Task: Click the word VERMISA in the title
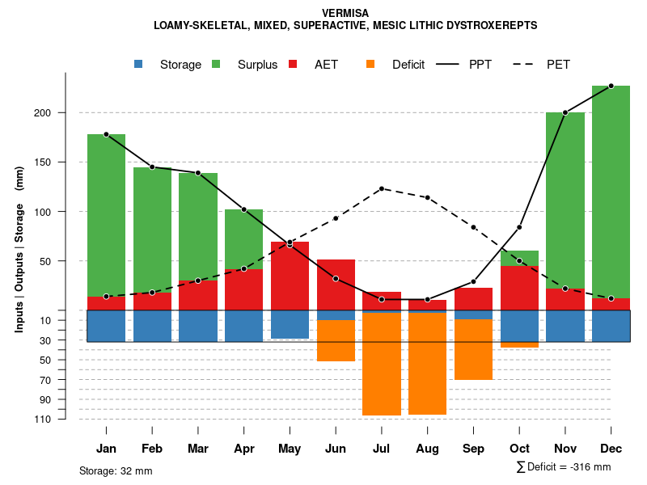pyautogui.click(x=345, y=13)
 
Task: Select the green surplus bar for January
pyautogui.click(x=106, y=214)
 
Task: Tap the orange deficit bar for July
pyautogui.click(x=382, y=364)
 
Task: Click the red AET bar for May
pyautogui.click(x=290, y=275)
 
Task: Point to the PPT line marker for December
pyautogui.click(x=611, y=86)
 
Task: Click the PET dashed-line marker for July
pyautogui.click(x=382, y=188)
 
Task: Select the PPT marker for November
pyautogui.click(x=565, y=112)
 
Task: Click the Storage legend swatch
pyautogui.click(x=138, y=64)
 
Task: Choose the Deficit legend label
pyautogui.click(x=408, y=65)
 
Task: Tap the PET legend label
pyautogui.click(x=559, y=65)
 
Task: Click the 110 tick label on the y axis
pyautogui.click(x=44, y=419)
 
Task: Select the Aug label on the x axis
pyautogui.click(x=427, y=449)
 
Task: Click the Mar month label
pyautogui.click(x=198, y=449)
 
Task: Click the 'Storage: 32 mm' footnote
pyautogui.click(x=116, y=470)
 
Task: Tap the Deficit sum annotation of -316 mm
pyautogui.click(x=564, y=467)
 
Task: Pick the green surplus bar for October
pyautogui.click(x=519, y=258)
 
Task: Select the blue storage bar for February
pyautogui.click(x=152, y=326)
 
